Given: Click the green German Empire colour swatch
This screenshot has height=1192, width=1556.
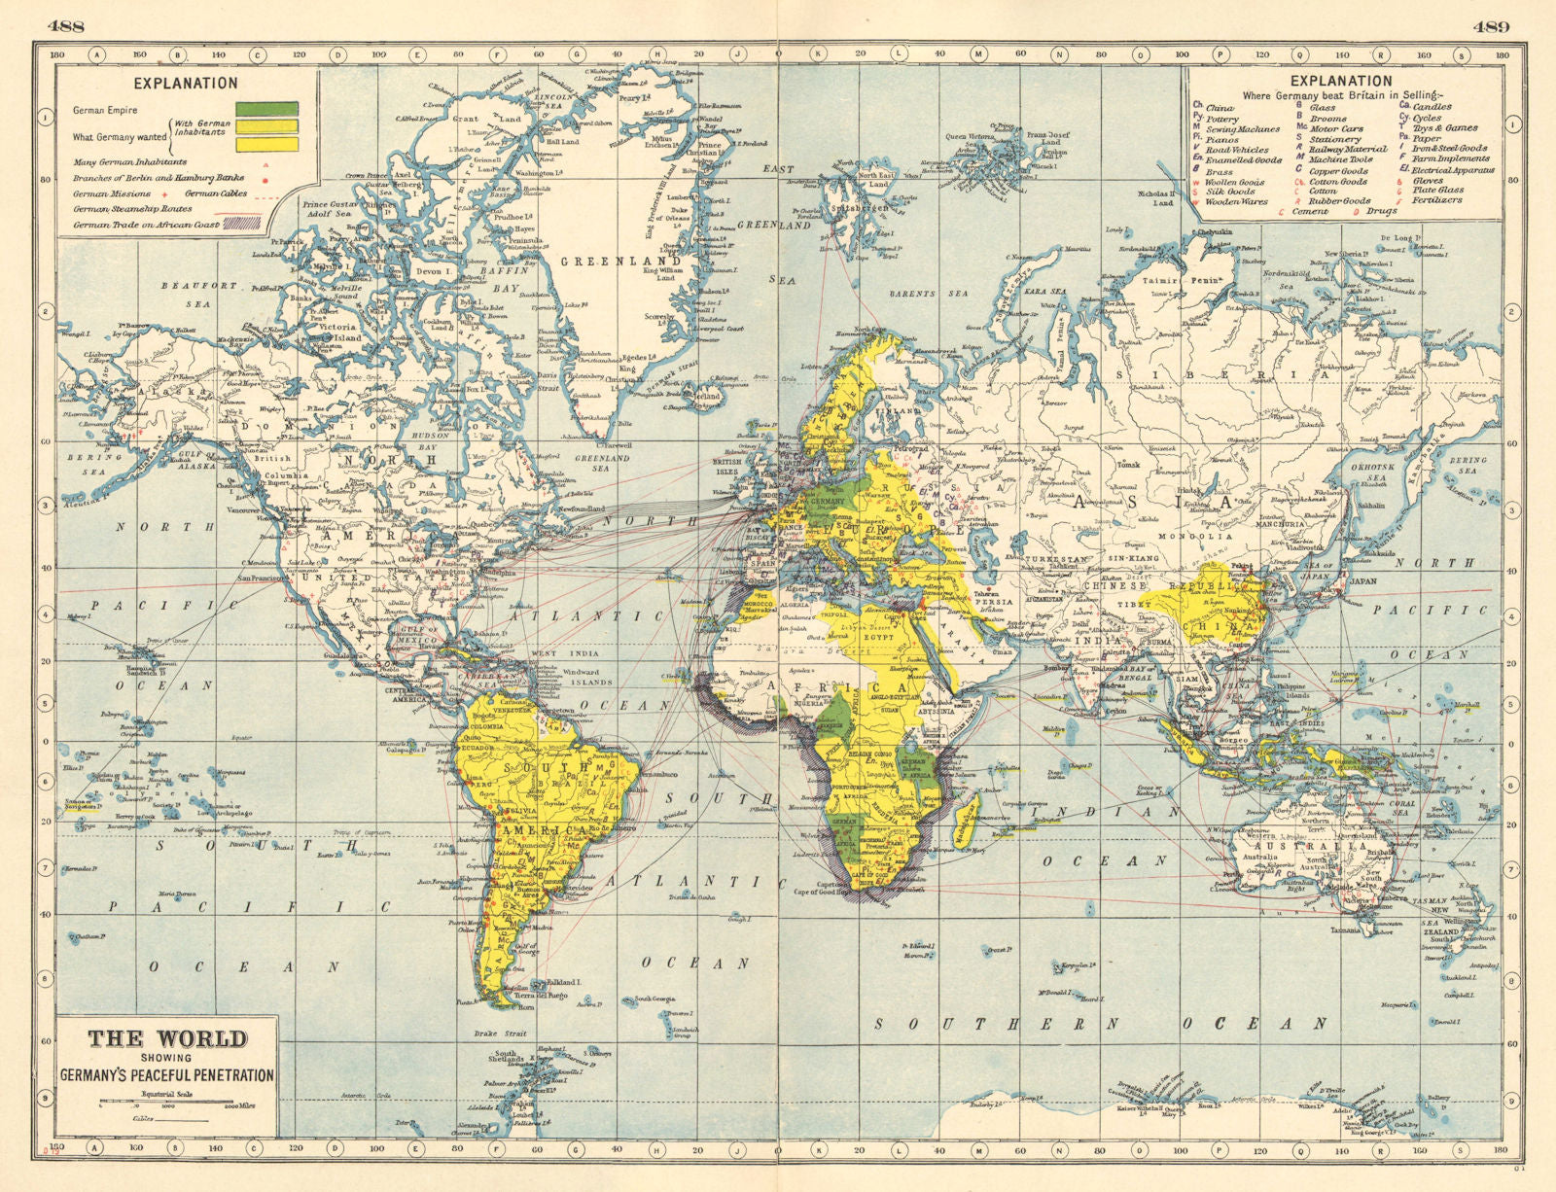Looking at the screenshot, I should (266, 108).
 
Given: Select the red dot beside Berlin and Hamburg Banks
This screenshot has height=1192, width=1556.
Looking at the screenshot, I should (265, 179).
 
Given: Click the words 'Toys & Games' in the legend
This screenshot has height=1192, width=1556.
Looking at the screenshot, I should (1445, 127).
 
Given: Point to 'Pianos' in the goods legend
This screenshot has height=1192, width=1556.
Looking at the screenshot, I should (1222, 139).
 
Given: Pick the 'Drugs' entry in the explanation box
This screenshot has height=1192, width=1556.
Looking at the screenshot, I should (1385, 211).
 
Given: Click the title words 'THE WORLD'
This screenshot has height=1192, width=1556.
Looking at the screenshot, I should (167, 1039).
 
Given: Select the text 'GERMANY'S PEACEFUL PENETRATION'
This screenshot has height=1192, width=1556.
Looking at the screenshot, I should (167, 1075).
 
